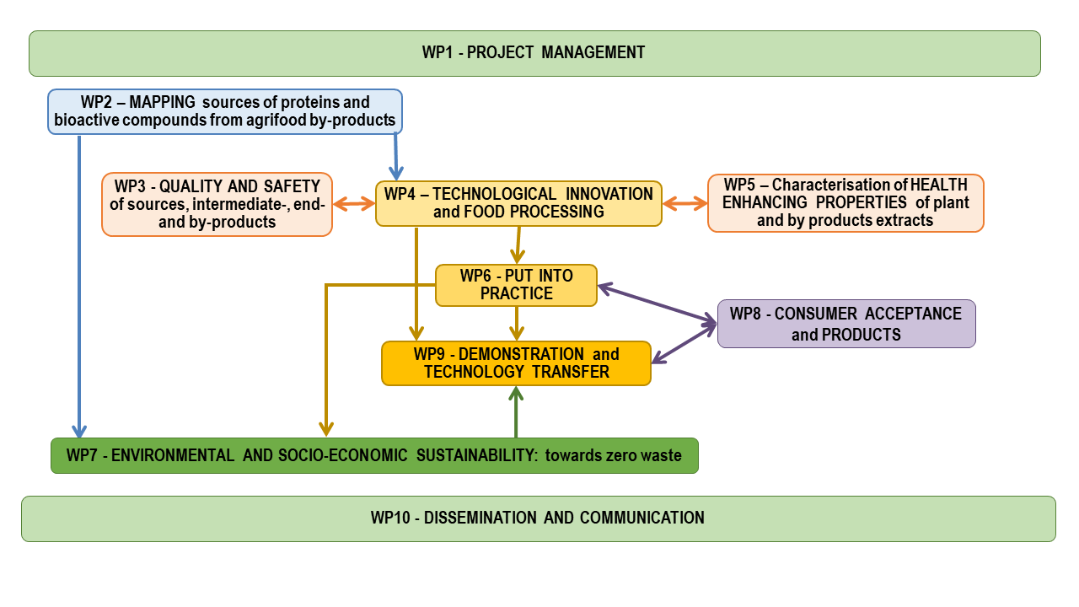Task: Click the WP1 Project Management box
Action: pos(534,53)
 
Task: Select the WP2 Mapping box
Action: pos(225,111)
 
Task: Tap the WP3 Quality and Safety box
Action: pos(217,204)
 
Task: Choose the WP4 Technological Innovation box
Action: pos(518,203)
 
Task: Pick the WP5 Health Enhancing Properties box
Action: pos(845,203)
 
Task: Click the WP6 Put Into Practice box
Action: pos(517,285)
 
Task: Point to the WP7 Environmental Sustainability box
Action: pos(375,456)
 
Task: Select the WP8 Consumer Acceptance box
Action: pos(847,324)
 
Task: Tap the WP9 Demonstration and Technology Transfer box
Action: pos(517,363)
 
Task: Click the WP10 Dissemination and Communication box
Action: pos(539,518)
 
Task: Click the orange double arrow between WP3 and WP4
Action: pos(354,204)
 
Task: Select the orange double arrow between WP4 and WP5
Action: pos(685,203)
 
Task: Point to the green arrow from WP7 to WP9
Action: pos(516,412)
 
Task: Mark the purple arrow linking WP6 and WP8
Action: pos(658,303)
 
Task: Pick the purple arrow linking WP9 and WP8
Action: pos(684,342)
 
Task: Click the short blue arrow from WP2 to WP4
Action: pos(396,157)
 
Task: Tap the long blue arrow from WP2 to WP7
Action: pos(79,287)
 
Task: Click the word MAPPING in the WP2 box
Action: pos(162,102)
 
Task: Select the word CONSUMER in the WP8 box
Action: pos(815,314)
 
